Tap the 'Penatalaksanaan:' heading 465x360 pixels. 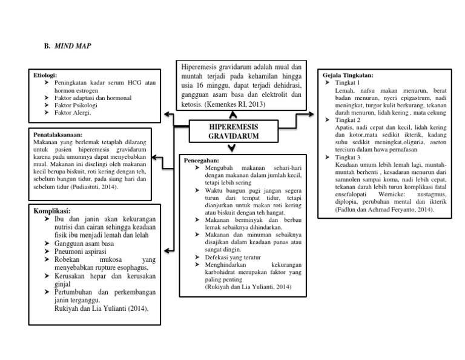59,135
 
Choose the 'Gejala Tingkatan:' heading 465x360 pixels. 349,75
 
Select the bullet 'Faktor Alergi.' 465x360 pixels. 73,112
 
